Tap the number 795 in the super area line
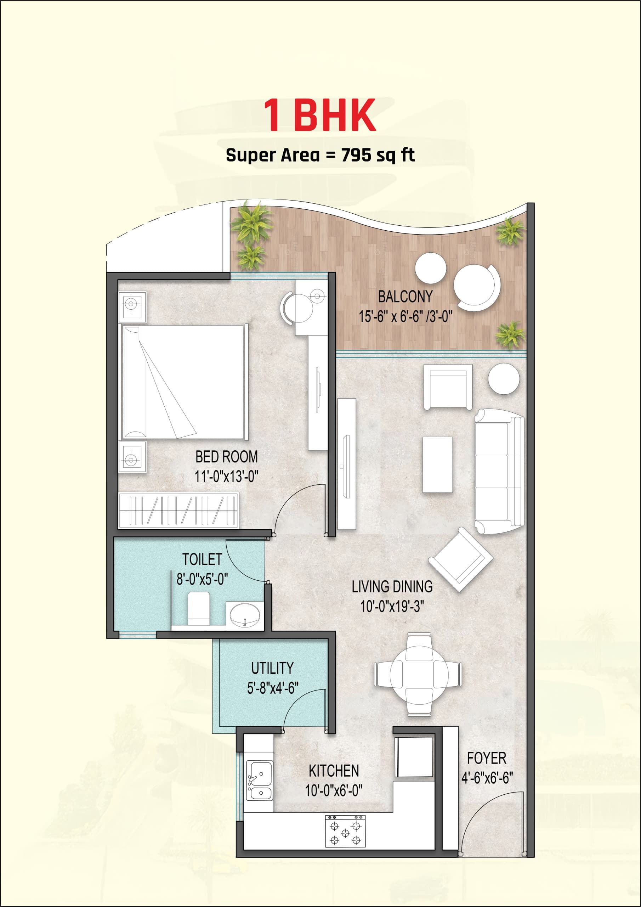click(357, 155)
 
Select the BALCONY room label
click(405, 296)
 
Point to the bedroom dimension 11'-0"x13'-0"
click(226, 477)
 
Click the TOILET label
click(202, 559)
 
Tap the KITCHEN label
click(334, 771)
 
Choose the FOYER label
click(487, 758)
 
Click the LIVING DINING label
click(392, 587)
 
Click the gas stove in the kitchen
click(345, 831)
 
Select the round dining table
click(418, 674)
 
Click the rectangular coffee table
click(438, 464)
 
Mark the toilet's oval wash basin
click(245, 616)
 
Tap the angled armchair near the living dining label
click(460, 560)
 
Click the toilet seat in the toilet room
click(198, 609)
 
